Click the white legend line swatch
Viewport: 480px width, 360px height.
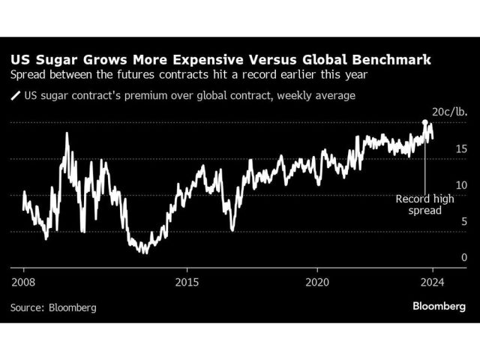(x=15, y=95)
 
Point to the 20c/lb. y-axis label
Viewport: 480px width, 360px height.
(x=447, y=112)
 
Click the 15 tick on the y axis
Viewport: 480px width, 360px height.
(x=462, y=148)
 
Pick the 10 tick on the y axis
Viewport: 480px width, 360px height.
(x=462, y=185)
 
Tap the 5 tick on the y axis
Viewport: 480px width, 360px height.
(x=464, y=221)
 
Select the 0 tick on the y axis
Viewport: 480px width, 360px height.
(x=464, y=257)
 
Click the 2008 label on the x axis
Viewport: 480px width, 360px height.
(x=23, y=282)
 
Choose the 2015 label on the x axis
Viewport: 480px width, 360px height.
(x=187, y=282)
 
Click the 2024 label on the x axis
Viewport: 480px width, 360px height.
(x=433, y=282)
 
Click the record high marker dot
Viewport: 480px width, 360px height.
(x=425, y=122)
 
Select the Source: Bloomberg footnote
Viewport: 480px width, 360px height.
(x=53, y=307)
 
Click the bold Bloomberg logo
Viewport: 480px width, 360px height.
(x=439, y=306)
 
